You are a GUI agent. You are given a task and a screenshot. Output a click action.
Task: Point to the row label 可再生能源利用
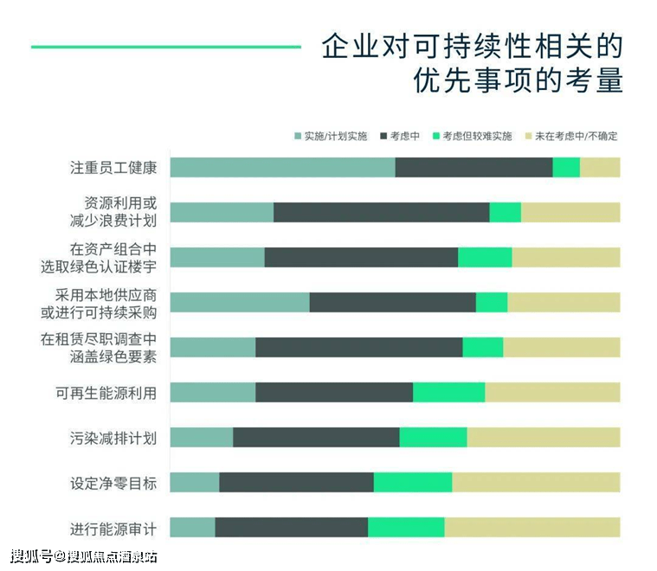point(106,393)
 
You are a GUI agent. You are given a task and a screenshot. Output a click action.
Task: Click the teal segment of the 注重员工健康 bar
point(282,167)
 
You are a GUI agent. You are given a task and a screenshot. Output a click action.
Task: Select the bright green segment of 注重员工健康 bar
point(566,167)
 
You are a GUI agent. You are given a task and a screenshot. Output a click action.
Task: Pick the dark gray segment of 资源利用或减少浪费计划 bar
point(381,212)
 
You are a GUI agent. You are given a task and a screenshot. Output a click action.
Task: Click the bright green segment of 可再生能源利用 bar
point(448,392)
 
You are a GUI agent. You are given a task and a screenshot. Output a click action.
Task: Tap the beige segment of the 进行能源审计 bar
point(531,527)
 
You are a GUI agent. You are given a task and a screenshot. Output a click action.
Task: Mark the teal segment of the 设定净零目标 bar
point(195,482)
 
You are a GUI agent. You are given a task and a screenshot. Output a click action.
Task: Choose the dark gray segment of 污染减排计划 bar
point(316,437)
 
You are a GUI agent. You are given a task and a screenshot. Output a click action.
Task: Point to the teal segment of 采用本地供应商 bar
point(240,302)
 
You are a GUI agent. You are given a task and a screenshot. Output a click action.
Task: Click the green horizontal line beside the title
point(165,47)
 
